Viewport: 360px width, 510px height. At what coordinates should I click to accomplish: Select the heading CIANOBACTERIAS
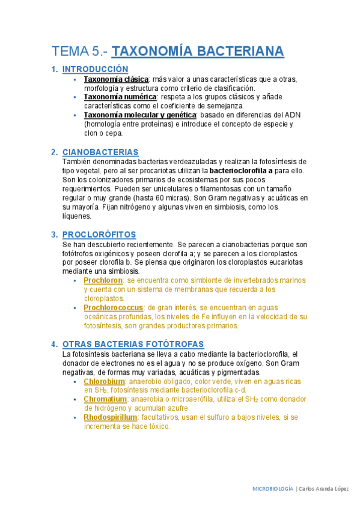(100, 152)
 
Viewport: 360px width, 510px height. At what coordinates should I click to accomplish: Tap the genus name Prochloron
(103, 280)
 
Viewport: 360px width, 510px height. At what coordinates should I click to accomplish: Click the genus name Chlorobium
(104, 381)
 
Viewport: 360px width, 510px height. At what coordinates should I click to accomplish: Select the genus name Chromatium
(105, 399)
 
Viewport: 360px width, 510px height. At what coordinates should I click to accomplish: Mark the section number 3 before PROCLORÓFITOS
(54, 235)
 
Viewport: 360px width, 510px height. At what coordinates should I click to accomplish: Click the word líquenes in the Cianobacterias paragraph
(77, 216)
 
